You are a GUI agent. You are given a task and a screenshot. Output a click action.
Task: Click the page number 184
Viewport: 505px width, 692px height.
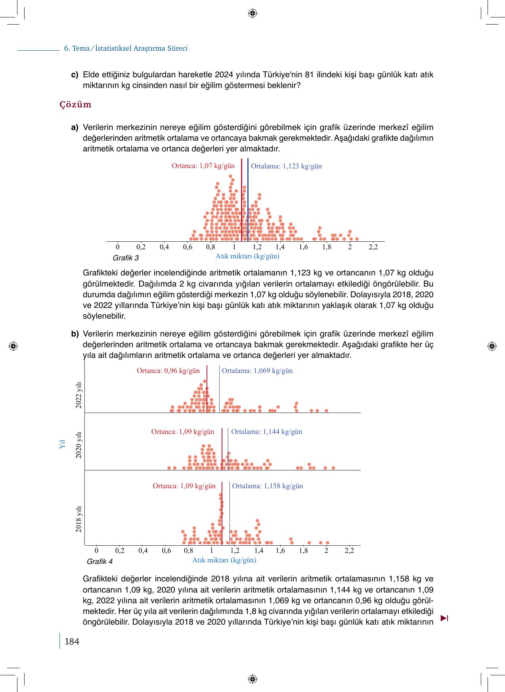(x=72, y=642)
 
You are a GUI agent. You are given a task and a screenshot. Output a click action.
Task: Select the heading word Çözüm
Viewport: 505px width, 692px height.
(x=75, y=105)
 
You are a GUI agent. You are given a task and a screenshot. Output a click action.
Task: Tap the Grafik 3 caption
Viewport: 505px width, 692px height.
(x=126, y=258)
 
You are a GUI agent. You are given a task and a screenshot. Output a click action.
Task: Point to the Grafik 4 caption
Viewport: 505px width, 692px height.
(x=99, y=562)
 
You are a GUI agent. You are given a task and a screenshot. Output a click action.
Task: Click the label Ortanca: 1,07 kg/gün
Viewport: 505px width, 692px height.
(x=203, y=166)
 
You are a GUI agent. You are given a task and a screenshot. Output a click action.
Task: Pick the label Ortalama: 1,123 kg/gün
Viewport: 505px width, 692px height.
(x=286, y=166)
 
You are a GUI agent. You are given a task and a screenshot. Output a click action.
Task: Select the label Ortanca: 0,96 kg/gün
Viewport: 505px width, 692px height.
(x=168, y=371)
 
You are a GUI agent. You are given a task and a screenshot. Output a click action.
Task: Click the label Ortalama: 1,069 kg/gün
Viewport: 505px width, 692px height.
(x=257, y=371)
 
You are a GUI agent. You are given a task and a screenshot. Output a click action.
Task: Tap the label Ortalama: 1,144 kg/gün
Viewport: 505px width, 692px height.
(x=266, y=432)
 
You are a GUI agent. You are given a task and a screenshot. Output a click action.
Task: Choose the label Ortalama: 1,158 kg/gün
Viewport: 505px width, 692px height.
(x=267, y=486)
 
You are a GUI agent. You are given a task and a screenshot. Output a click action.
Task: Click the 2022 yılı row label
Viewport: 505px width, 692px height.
(x=79, y=395)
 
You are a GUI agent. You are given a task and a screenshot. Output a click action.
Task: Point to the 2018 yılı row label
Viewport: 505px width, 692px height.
(x=79, y=519)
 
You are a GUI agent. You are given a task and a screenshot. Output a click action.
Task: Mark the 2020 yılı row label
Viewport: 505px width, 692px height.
(x=79, y=445)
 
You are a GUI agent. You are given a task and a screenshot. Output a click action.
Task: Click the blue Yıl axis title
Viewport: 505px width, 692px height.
(x=62, y=444)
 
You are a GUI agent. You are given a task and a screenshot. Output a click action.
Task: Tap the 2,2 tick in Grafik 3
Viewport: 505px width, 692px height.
(x=373, y=247)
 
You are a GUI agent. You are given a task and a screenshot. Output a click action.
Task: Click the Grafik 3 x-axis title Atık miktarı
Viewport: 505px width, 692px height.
(x=247, y=256)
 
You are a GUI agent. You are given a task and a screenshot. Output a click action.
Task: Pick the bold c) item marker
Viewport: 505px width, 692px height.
(x=75, y=75)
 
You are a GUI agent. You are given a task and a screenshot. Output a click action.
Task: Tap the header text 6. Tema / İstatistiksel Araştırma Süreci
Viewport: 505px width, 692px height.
(x=126, y=48)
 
